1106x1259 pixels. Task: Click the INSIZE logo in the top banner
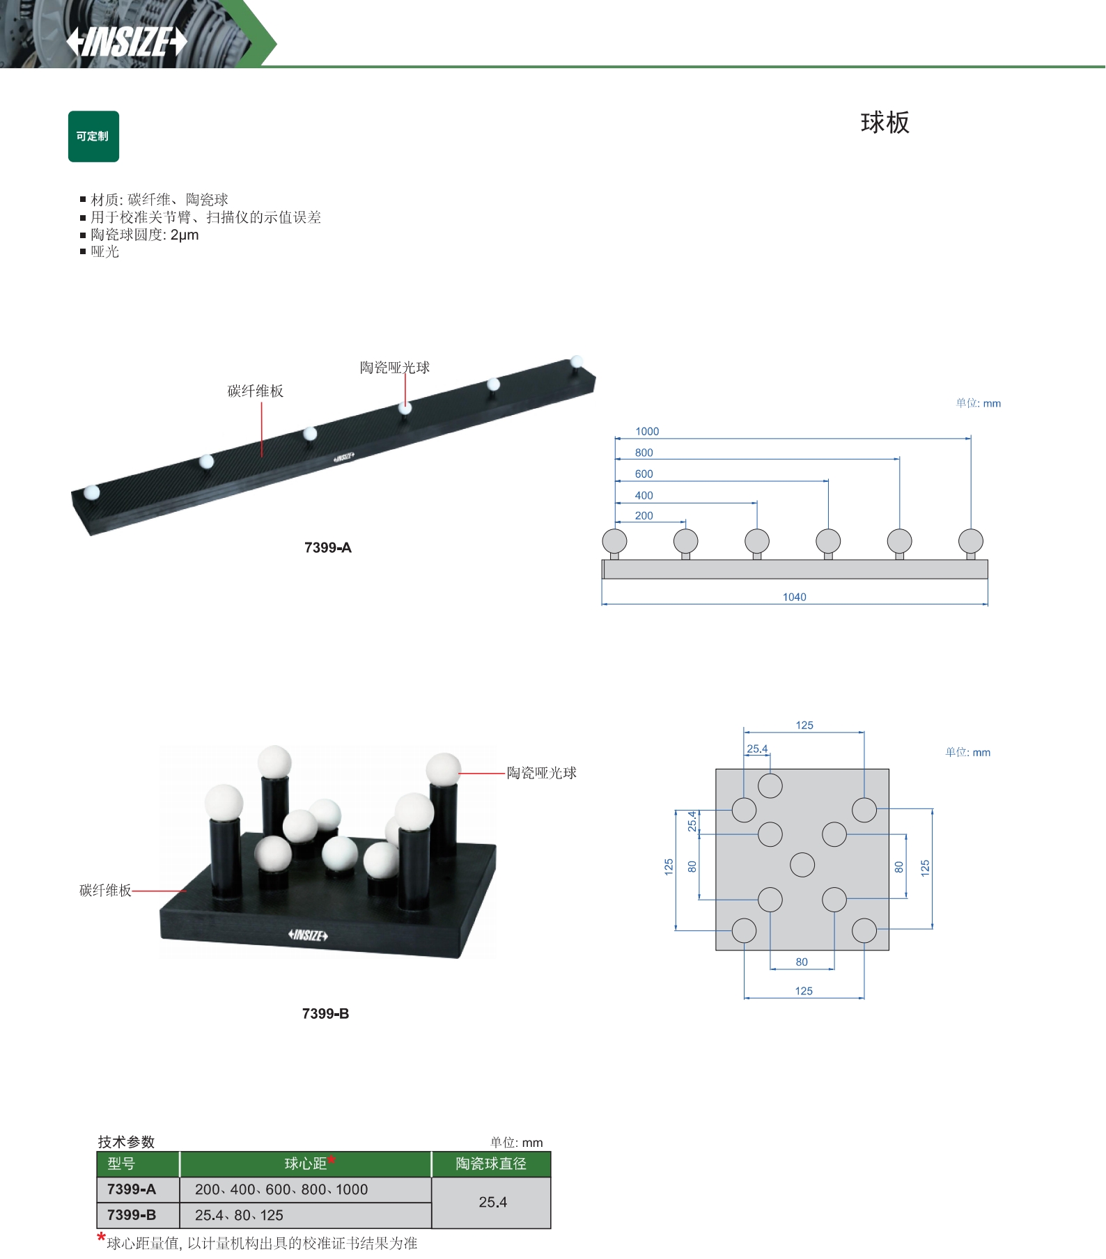pos(127,42)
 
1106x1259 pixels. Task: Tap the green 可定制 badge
pos(93,136)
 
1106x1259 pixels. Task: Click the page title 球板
pos(885,123)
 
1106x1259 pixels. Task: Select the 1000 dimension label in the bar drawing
pos(647,432)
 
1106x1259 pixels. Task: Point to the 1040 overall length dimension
pos(794,597)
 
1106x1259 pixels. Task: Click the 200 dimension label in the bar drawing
pos(644,516)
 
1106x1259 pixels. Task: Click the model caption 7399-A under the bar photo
pos(328,548)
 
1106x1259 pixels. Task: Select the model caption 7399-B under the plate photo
pos(325,1014)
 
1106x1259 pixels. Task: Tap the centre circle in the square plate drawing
pos(802,865)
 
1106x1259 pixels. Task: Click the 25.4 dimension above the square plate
pos(757,749)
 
